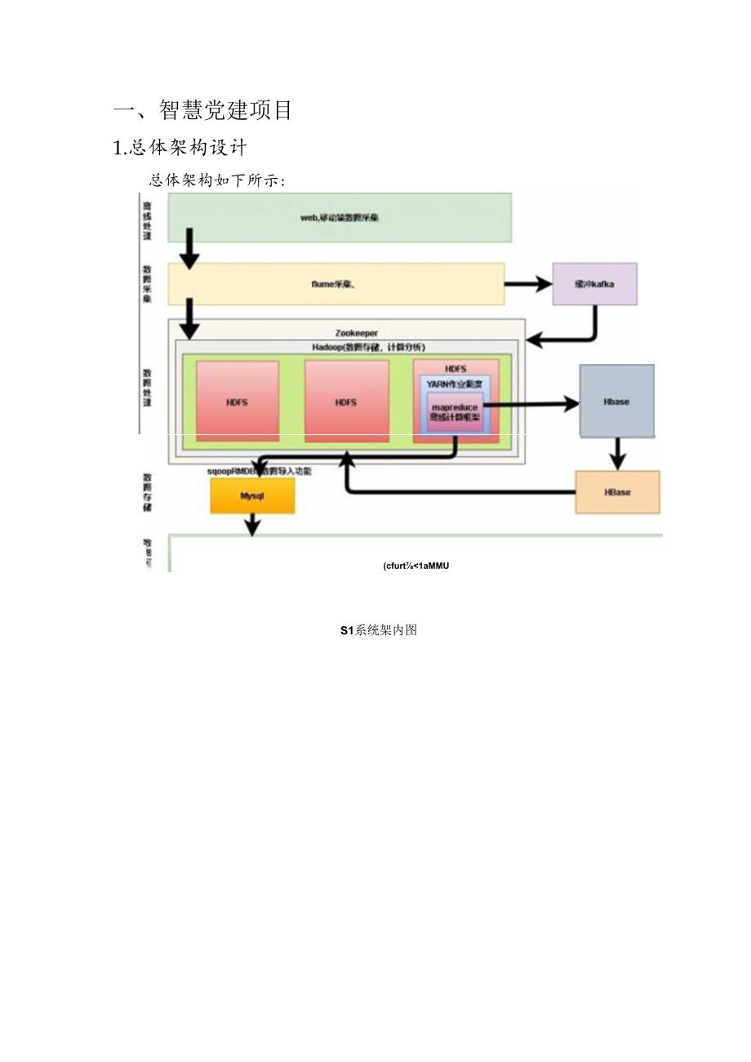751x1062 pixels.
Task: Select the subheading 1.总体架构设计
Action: click(x=180, y=148)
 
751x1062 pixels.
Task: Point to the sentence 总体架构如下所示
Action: click(x=216, y=180)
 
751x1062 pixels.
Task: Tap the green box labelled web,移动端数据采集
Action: click(x=340, y=218)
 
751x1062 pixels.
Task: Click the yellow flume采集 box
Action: click(x=336, y=284)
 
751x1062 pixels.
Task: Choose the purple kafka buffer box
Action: click(x=594, y=284)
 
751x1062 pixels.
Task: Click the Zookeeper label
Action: click(x=357, y=333)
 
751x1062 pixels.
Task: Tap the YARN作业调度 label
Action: click(x=455, y=384)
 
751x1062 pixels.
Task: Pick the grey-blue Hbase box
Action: click(x=616, y=402)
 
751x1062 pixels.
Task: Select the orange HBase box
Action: click(x=617, y=492)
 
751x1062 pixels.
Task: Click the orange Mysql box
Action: click(x=252, y=495)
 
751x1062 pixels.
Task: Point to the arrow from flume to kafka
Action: click(x=528, y=284)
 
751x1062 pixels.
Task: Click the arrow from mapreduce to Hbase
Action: click(x=531, y=403)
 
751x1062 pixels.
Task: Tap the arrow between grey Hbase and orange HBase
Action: click(x=617, y=453)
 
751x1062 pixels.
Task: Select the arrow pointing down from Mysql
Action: click(x=252, y=524)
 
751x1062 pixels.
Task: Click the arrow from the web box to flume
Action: click(x=189, y=250)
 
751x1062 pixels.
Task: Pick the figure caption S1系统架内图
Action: click(x=379, y=630)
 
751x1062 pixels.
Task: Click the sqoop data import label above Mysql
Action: click(x=260, y=471)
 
